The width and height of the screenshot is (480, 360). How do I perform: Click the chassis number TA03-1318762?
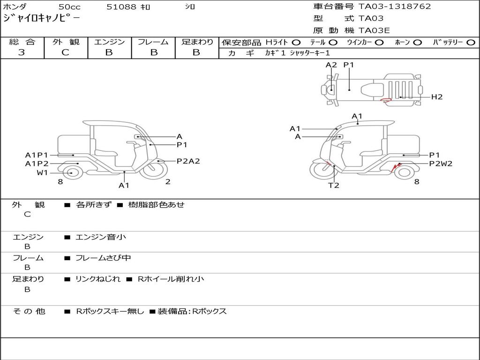[395, 7]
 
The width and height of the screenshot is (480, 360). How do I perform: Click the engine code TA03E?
[374, 30]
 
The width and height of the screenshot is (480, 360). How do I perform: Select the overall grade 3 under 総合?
[22, 52]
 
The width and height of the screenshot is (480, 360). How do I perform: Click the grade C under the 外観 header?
[65, 52]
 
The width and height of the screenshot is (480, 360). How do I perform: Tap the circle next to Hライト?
[296, 43]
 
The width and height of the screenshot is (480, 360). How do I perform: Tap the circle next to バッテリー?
[471, 43]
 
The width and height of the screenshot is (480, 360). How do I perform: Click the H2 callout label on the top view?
[437, 97]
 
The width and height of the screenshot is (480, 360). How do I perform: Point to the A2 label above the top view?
[331, 65]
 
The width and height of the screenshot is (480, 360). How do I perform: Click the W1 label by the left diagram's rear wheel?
[43, 173]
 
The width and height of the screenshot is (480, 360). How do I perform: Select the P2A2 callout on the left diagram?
[188, 161]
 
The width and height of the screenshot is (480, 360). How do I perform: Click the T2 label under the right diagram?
[334, 185]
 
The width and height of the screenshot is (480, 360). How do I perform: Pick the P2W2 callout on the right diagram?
[441, 164]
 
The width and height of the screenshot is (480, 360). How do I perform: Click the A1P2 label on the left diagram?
[37, 164]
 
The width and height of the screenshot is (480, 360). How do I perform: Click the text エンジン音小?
[101, 237]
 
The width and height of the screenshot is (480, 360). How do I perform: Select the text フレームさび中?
[103, 258]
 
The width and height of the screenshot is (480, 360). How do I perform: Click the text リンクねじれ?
[98, 279]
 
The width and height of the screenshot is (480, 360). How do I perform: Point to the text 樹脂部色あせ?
[156, 204]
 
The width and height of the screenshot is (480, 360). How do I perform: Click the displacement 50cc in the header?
[69, 7]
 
